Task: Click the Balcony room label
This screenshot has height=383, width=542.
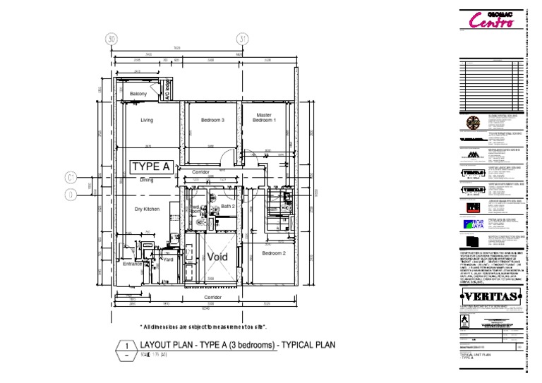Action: pyautogui.click(x=138, y=94)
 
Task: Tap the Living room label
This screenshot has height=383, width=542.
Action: pyautogui.click(x=147, y=121)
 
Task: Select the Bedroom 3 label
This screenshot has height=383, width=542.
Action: pyautogui.click(x=212, y=121)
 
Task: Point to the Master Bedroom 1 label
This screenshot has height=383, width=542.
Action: pyautogui.click(x=264, y=118)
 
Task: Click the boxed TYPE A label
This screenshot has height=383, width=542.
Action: pyautogui.click(x=151, y=167)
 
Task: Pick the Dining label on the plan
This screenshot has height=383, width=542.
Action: pyautogui.click(x=146, y=181)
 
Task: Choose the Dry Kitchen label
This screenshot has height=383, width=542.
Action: pyautogui.click(x=147, y=209)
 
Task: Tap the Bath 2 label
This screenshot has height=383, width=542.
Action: pyautogui.click(x=227, y=206)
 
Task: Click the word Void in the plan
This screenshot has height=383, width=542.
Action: pyautogui.click(x=217, y=257)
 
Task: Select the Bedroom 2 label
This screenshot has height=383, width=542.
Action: pyautogui.click(x=274, y=253)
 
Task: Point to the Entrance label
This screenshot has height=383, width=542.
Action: pyautogui.click(x=132, y=265)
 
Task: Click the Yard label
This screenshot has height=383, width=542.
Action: pyautogui.click(x=168, y=260)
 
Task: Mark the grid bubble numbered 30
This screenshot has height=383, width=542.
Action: pyautogui.click(x=111, y=39)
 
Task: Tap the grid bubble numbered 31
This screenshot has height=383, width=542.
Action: pyautogui.click(x=242, y=39)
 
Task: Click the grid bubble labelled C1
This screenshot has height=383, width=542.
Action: pyautogui.click(x=71, y=176)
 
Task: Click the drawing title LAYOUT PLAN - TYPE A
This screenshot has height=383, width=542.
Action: pyautogui.click(x=236, y=346)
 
